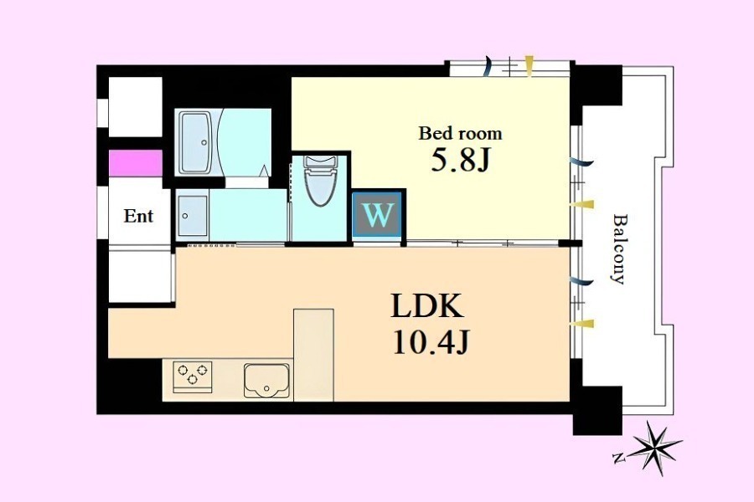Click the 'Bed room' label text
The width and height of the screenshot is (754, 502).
coord(460,133)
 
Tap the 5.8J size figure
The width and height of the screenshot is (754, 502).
coord(460,161)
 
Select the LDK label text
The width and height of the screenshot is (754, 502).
coord(427,305)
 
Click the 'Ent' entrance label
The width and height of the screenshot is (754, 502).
coord(138,216)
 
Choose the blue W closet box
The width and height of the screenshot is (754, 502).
coord(377,214)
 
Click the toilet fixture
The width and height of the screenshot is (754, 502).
coord(319,180)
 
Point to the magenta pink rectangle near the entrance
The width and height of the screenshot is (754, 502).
coord(135,163)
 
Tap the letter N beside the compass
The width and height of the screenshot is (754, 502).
coord(617,456)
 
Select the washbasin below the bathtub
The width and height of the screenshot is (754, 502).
coord(193,215)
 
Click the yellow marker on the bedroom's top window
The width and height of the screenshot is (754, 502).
coord(529,66)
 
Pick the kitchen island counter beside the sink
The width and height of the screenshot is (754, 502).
coord(313,355)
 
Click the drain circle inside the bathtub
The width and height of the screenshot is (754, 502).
coord(204,143)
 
